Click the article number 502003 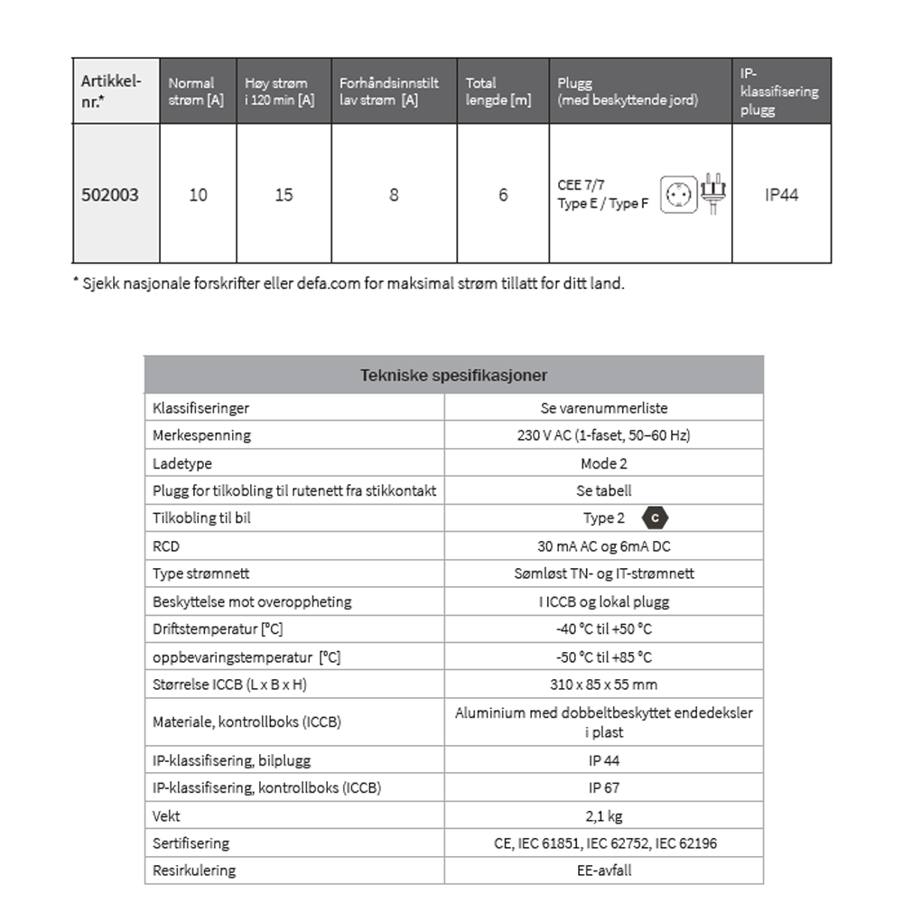click(x=110, y=195)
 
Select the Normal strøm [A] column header click(x=196, y=91)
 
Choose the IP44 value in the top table click(x=781, y=195)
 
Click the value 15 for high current click(x=284, y=195)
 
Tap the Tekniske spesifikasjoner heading click(x=453, y=375)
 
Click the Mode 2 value click(x=603, y=463)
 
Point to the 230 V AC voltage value click(x=603, y=435)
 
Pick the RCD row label click(x=166, y=546)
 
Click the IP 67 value click(x=603, y=787)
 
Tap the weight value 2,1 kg click(x=603, y=815)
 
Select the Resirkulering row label click(x=194, y=870)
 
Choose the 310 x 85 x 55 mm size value click(x=603, y=684)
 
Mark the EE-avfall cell click(x=603, y=870)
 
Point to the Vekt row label click(x=167, y=815)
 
